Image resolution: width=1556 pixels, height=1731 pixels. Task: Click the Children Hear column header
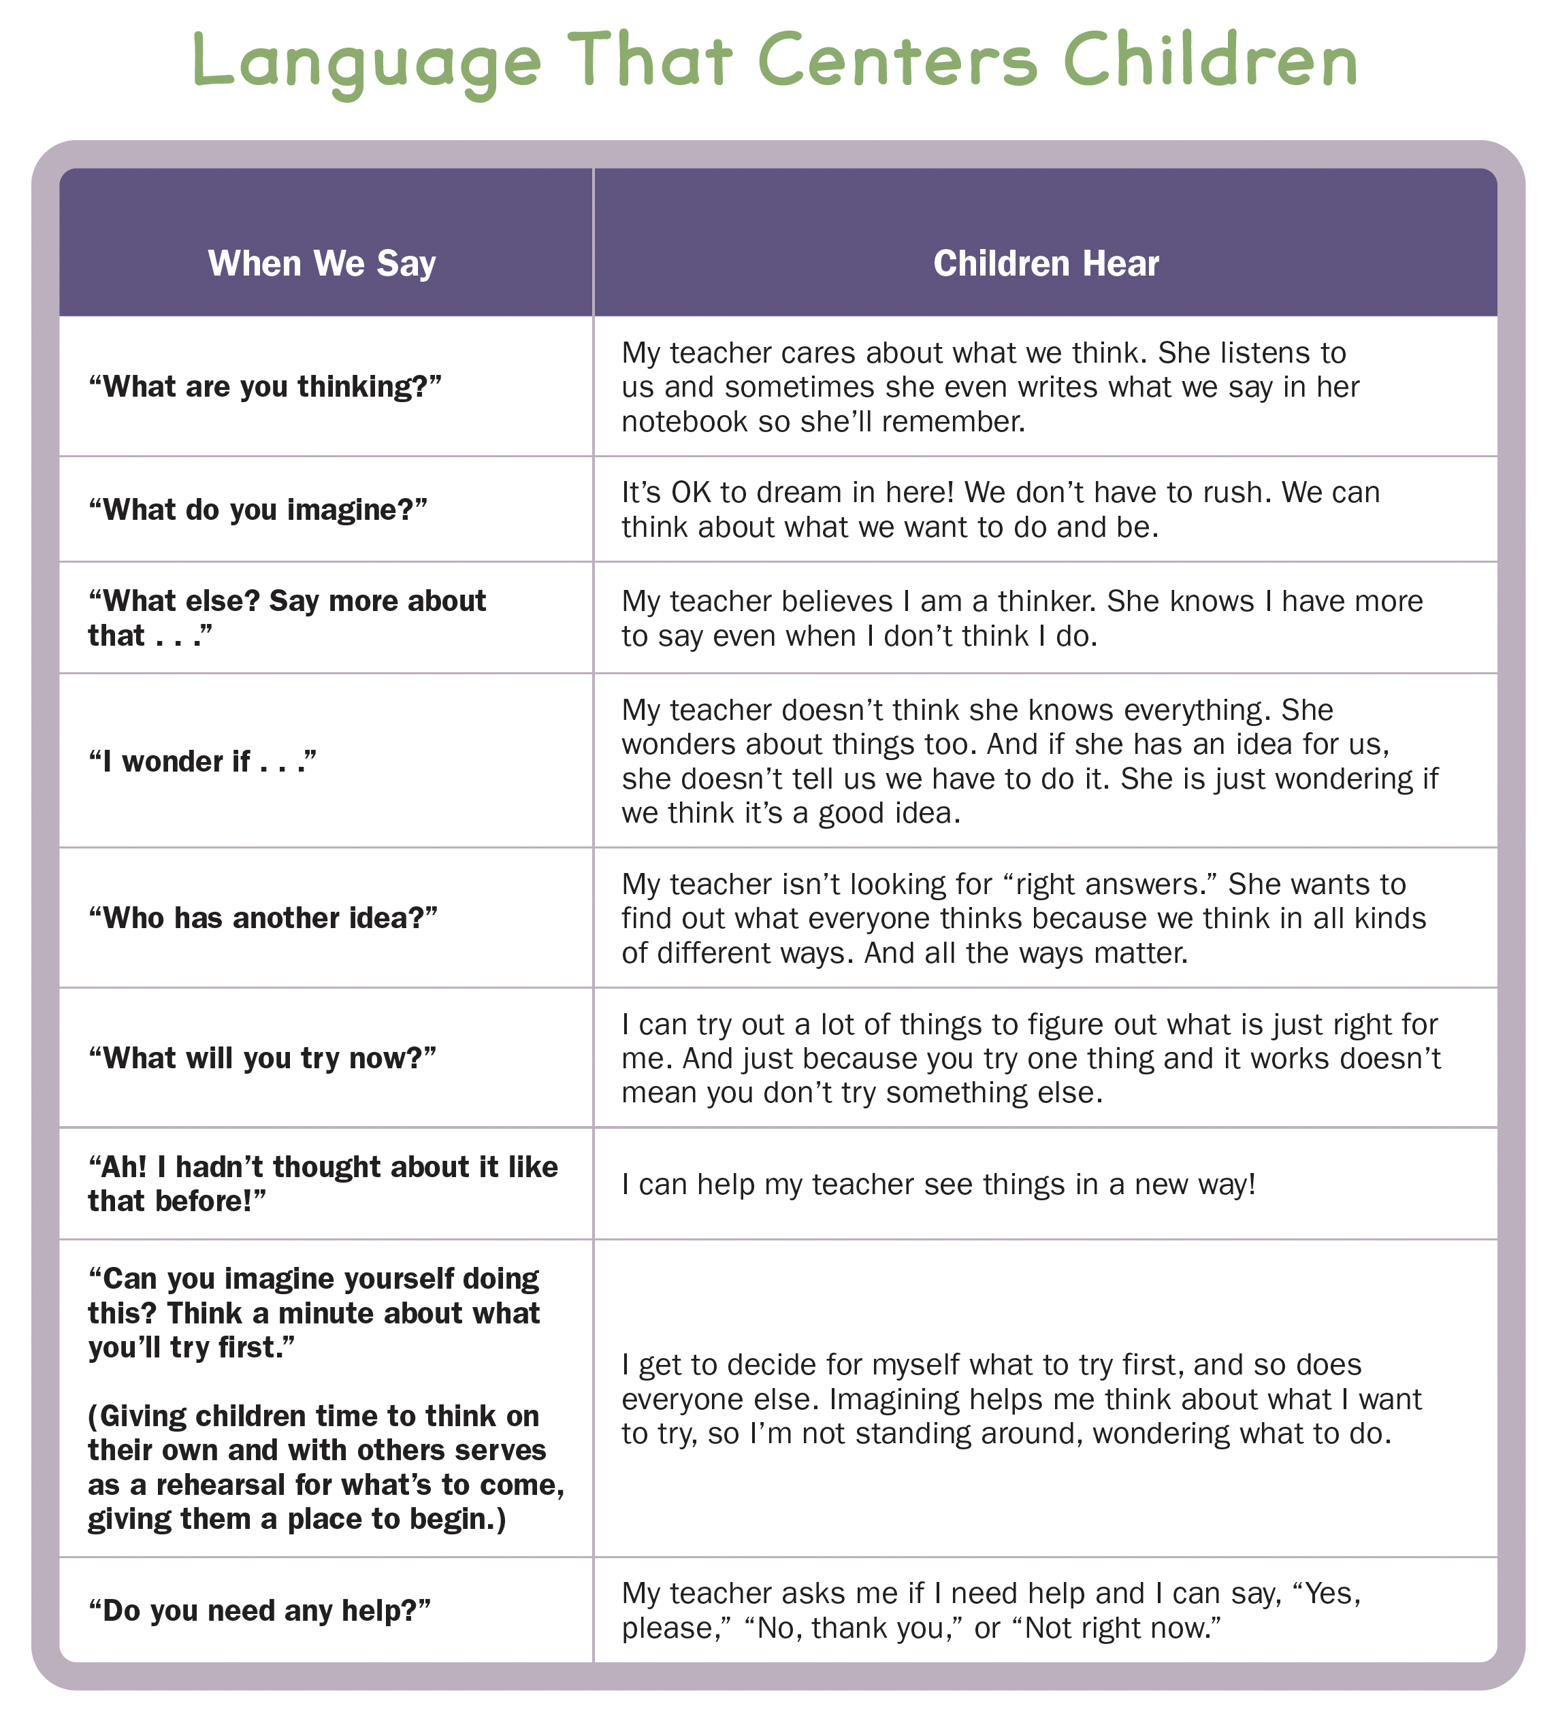(x=1046, y=263)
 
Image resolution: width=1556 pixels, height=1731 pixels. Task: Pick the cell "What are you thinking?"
(x=265, y=386)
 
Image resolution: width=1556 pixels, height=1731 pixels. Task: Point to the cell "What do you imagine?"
(x=257, y=510)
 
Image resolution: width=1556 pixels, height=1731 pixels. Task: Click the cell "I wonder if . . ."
(x=203, y=761)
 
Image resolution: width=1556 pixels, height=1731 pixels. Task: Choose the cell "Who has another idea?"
(x=263, y=918)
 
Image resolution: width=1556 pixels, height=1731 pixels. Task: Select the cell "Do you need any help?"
(x=259, y=1611)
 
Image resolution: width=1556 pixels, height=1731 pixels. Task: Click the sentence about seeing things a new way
(x=938, y=1184)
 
